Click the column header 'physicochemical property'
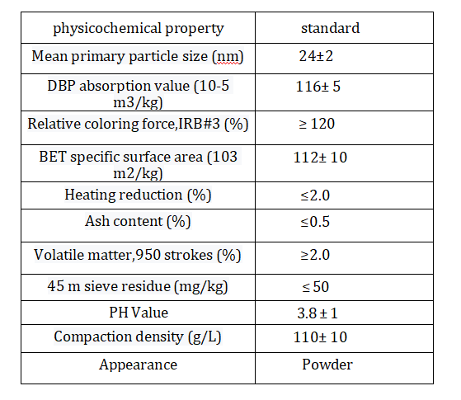click(x=139, y=29)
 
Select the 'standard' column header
click(x=330, y=28)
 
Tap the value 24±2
click(x=316, y=56)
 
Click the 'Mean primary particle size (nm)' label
click(x=138, y=56)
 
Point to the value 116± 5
click(x=318, y=87)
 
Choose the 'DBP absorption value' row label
click(x=139, y=94)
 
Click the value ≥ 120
click(x=317, y=124)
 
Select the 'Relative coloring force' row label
click(x=138, y=124)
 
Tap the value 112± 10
click(x=320, y=158)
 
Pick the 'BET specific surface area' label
click(x=139, y=165)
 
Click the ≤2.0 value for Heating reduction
click(x=315, y=195)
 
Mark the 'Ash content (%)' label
click(x=138, y=221)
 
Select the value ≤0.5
click(x=315, y=222)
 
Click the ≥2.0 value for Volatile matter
click(x=315, y=255)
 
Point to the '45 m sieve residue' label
click(x=138, y=286)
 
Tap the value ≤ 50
click(x=316, y=287)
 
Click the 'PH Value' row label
click(x=139, y=313)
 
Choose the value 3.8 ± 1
click(x=318, y=313)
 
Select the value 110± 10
click(x=320, y=337)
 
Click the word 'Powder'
click(x=327, y=365)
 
